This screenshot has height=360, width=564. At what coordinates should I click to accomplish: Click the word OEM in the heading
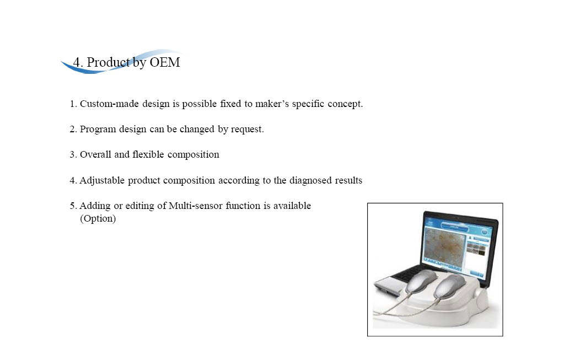[164, 62]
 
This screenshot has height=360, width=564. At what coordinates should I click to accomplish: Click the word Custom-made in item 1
[109, 104]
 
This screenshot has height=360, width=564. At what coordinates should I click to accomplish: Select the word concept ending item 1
[346, 104]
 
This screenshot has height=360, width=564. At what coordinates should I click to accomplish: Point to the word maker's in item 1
[272, 104]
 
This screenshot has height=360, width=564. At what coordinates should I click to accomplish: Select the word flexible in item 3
[148, 154]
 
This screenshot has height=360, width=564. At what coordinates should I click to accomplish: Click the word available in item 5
[292, 206]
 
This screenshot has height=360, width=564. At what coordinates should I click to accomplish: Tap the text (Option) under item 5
[98, 219]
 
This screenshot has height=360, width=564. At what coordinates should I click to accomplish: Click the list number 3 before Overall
[73, 155]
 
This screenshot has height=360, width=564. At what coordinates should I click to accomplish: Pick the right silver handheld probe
[450, 287]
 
